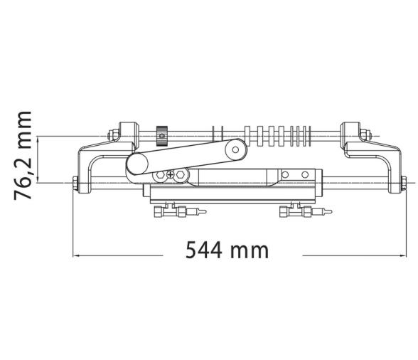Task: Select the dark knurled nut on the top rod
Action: click(162, 134)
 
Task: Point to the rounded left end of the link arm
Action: click(135, 166)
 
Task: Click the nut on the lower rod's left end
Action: click(75, 184)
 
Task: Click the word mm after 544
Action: click(253, 250)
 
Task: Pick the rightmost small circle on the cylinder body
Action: click(306, 174)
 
